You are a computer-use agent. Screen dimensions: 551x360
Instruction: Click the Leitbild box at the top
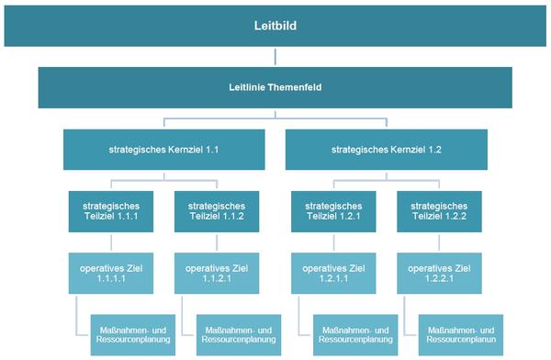click(275, 26)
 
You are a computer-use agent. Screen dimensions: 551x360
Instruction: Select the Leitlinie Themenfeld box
click(275, 87)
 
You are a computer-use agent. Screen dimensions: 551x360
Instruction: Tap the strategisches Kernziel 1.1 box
click(164, 150)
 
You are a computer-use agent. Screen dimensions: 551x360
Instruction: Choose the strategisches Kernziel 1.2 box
click(387, 150)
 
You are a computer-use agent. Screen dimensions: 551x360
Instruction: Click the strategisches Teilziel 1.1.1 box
click(111, 211)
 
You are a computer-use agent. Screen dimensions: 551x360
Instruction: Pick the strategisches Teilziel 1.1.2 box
click(217, 211)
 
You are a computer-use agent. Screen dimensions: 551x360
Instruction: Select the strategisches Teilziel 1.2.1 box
click(333, 211)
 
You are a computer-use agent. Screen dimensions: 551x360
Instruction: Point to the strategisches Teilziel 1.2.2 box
click(439, 211)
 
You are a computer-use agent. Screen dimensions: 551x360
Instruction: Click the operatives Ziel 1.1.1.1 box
click(111, 273)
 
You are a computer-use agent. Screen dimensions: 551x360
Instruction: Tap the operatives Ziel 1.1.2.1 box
click(217, 273)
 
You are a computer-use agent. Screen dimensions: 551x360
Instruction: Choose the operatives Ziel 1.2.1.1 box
click(333, 273)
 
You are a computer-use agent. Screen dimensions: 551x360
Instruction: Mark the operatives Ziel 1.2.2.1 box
click(439, 273)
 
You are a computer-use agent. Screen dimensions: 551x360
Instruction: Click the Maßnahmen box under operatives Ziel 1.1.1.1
click(133, 335)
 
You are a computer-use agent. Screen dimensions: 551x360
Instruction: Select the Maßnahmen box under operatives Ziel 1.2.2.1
click(461, 335)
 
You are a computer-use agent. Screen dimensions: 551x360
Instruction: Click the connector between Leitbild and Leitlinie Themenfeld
click(275, 57)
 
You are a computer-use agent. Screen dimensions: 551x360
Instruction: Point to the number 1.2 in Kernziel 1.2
click(434, 150)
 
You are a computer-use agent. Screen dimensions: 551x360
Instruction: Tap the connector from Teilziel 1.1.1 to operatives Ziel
click(111, 242)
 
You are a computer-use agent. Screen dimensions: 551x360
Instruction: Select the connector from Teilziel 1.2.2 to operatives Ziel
click(439, 242)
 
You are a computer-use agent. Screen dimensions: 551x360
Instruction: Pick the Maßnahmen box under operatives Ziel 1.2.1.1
click(355, 335)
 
